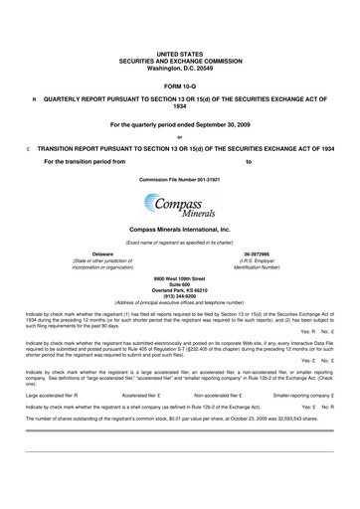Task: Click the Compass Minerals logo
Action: click(179, 207)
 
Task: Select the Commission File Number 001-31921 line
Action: click(179, 178)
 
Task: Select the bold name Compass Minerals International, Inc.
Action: click(179, 229)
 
